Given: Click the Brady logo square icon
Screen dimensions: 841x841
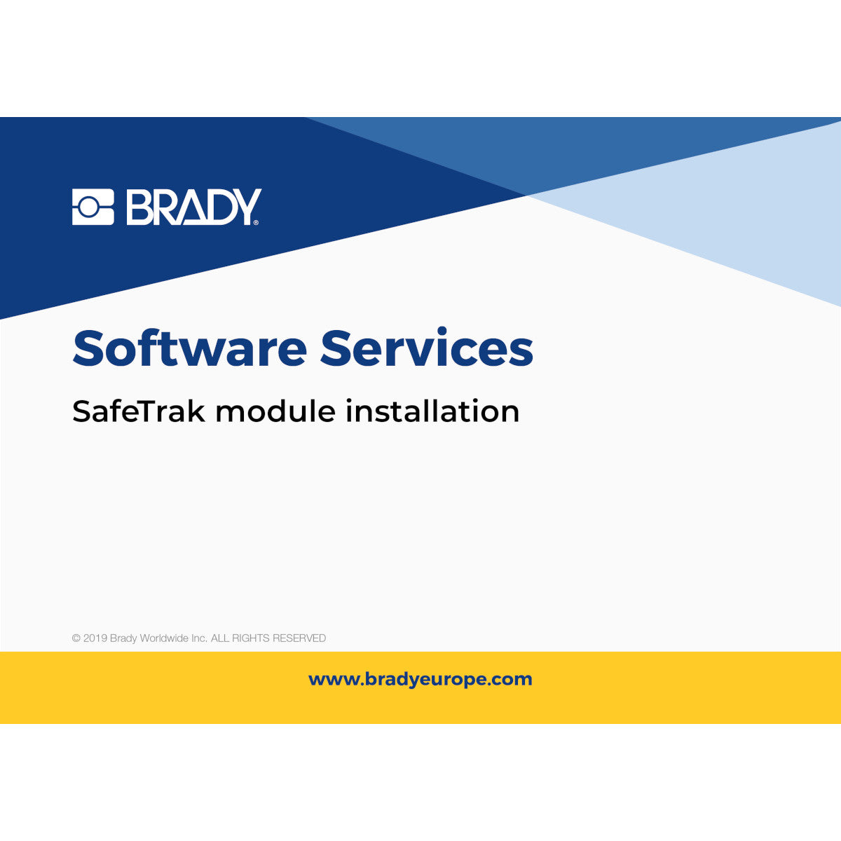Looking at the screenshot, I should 93,207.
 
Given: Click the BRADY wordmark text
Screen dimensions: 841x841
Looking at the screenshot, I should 192,207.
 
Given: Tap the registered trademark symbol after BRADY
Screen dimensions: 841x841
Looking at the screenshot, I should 256,222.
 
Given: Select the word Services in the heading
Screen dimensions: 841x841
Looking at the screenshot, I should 427,348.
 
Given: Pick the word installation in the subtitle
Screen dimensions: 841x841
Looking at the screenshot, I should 432,411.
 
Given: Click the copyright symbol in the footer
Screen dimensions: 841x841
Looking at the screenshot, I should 76,638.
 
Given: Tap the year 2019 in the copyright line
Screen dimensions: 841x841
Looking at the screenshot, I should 95,638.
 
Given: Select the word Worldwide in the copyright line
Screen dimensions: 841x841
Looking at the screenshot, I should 164,638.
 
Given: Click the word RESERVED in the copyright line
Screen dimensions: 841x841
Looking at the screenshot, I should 299,638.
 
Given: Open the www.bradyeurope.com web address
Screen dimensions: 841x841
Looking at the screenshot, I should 420,679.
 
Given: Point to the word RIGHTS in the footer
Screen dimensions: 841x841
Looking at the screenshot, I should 250,638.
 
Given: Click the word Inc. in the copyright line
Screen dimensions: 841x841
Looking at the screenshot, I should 199,638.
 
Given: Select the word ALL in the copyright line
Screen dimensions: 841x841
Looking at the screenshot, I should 220,638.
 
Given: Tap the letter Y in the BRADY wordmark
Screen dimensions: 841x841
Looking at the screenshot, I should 246,207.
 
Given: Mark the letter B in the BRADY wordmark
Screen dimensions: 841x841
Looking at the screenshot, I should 139,207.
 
